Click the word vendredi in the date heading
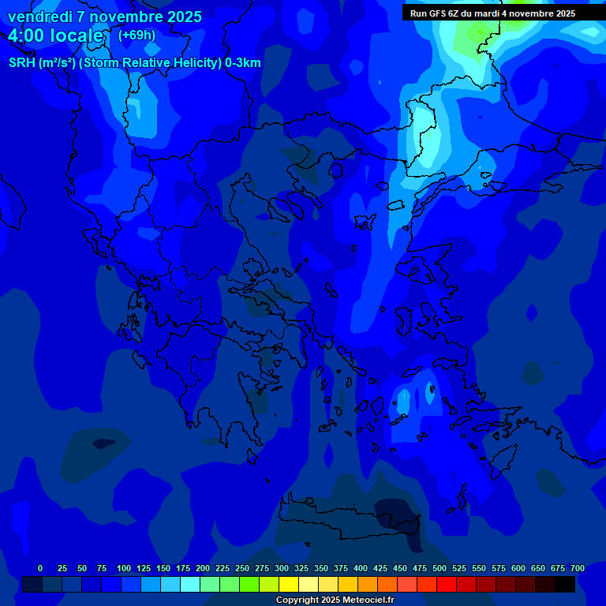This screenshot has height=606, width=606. click(39, 17)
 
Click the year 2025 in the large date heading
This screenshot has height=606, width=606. click(181, 17)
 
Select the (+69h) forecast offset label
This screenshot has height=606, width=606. click(137, 36)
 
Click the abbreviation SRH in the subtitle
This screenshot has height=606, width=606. click(21, 63)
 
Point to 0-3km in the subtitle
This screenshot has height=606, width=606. click(243, 63)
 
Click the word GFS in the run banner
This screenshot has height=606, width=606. click(440, 13)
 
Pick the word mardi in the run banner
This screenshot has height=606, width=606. click(492, 13)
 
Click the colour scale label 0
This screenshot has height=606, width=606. click(40, 569)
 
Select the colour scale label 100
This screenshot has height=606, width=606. click(124, 569)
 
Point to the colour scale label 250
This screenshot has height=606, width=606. click(242, 569)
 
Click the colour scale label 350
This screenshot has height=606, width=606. click(321, 569)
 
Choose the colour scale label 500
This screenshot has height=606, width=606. click(440, 569)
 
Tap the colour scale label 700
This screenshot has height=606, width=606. click(578, 569)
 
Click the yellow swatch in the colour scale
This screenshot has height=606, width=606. click(289, 585)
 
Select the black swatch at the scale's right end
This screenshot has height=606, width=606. click(565, 585)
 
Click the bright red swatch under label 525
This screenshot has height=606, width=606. click(447, 585)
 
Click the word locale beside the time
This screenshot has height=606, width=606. click(76, 36)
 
